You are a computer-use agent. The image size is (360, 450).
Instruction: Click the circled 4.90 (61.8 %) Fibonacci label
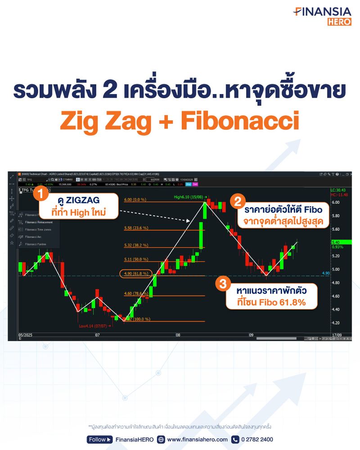click(135, 273)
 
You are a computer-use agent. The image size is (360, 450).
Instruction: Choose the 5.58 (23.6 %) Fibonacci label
click(136, 228)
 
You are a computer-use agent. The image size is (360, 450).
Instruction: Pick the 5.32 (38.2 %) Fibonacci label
click(136, 246)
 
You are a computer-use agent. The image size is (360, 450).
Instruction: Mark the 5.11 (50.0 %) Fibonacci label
click(136, 259)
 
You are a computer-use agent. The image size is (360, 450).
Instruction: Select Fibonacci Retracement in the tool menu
click(39, 222)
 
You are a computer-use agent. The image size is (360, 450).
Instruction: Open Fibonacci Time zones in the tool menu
click(38, 229)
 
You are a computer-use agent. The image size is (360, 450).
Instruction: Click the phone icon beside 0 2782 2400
click(235, 440)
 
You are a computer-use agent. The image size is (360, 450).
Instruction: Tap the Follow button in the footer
click(99, 440)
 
